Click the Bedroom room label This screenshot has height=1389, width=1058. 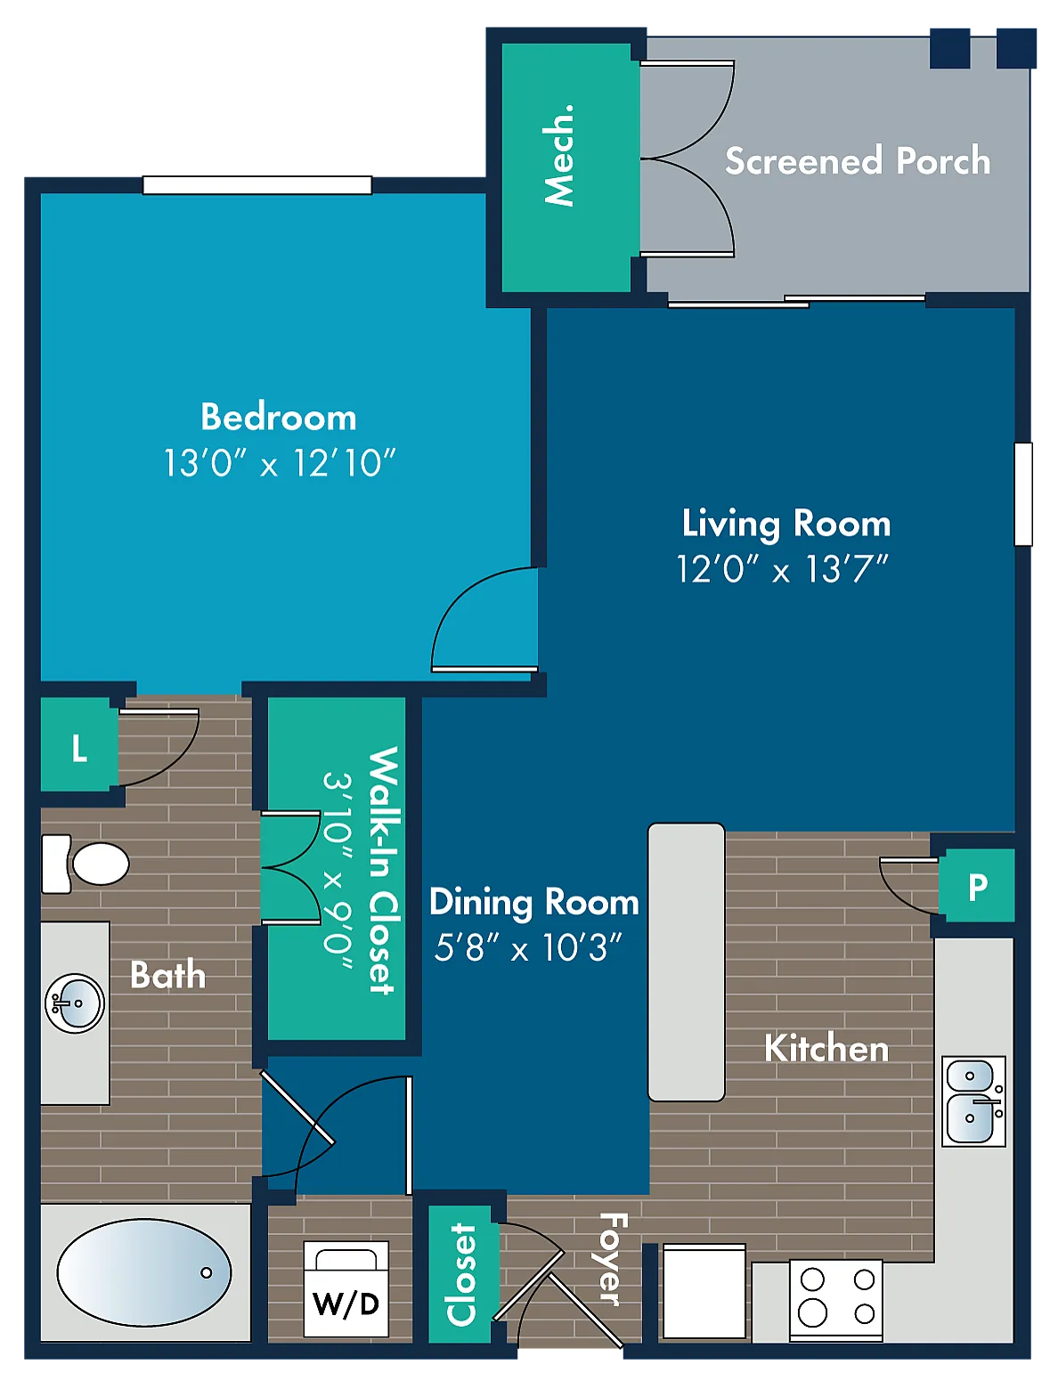point(279,417)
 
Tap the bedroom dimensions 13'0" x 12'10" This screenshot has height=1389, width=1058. point(279,463)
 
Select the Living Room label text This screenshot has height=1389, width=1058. point(785,524)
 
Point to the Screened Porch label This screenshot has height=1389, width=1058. point(858,160)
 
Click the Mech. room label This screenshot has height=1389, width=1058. point(558,155)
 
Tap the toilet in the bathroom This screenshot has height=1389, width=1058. point(85,863)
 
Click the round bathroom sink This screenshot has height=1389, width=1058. point(75,1003)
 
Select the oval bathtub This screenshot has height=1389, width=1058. point(144,1272)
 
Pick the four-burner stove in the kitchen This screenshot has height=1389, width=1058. point(836,1301)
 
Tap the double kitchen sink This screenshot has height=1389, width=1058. point(974,1101)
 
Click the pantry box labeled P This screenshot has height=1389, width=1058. point(977,885)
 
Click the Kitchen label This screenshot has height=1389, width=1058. point(826,1049)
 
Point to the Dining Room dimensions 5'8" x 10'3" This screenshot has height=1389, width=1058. point(528,948)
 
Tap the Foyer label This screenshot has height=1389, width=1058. point(613,1259)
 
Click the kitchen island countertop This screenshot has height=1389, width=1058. point(687,962)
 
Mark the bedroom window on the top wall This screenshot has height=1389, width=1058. point(256,185)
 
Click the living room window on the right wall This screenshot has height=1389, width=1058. point(1023,493)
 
